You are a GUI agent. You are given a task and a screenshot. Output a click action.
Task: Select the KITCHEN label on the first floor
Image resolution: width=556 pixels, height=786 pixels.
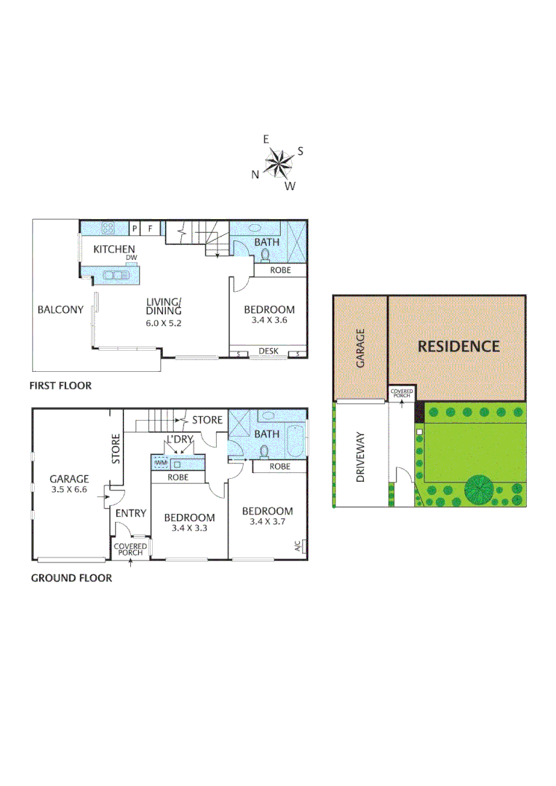tap(114, 250)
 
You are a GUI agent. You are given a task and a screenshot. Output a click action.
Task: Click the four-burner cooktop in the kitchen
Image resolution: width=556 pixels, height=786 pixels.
tap(108, 228)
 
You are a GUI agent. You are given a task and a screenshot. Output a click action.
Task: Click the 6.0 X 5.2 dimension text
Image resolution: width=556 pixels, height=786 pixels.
tap(163, 322)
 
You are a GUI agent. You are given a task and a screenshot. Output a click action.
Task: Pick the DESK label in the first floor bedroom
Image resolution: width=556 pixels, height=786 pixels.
tap(269, 352)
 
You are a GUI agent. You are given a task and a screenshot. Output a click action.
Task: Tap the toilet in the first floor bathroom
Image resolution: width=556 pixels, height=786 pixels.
tap(265, 255)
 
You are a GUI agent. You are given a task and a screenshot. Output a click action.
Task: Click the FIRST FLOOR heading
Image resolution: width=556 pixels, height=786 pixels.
tap(60, 385)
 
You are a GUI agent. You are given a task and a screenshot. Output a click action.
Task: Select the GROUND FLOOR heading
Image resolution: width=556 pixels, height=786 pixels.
tap(71, 579)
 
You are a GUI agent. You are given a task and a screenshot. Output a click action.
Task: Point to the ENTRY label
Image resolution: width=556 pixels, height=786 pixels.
tap(131, 513)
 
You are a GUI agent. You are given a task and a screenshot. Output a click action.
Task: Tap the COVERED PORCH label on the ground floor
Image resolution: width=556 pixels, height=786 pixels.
tap(131, 549)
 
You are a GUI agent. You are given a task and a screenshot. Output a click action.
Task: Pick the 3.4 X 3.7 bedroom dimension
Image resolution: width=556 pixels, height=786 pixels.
tap(268, 523)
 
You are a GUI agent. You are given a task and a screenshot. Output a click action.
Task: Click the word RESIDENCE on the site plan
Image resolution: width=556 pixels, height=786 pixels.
tap(458, 346)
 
